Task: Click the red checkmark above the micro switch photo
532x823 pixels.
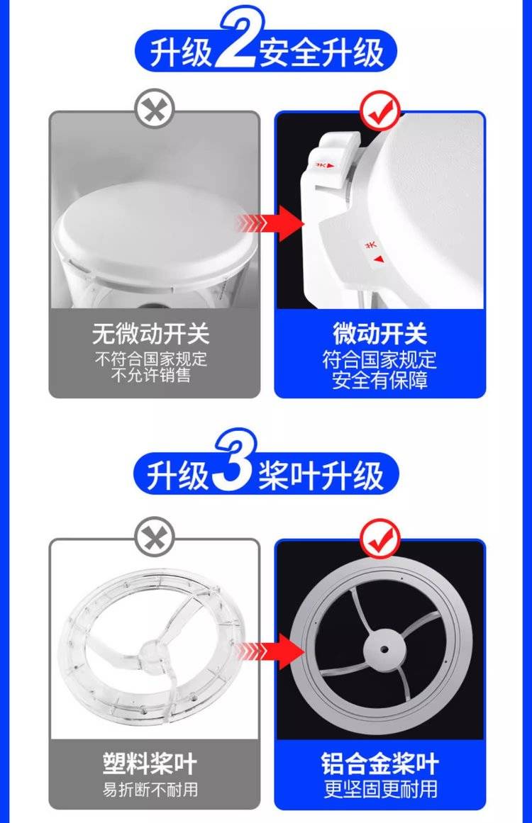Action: pos(380,111)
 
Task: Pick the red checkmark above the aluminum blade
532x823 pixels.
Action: pos(380,539)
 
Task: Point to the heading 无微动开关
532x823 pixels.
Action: pos(150,333)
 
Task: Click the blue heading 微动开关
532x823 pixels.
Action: pos(380,332)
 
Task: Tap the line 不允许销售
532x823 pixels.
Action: pos(150,375)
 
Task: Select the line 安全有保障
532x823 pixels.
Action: pos(380,380)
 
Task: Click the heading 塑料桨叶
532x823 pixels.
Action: pos(150,763)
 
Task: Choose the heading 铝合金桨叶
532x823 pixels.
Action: pos(380,763)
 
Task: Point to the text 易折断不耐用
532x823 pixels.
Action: pos(150,790)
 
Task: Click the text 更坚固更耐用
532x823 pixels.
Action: pos(380,789)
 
